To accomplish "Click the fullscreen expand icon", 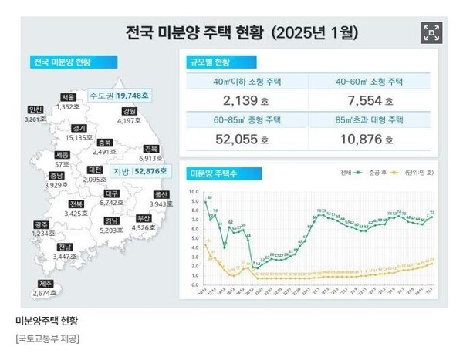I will [x=431, y=32].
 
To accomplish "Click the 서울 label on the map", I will [x=69, y=97].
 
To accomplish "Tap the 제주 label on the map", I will [x=46, y=283].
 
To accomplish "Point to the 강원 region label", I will [x=129, y=111].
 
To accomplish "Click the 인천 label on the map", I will [x=35, y=109].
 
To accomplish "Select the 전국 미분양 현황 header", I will [x=62, y=62].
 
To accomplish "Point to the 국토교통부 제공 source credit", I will [x=47, y=338].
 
